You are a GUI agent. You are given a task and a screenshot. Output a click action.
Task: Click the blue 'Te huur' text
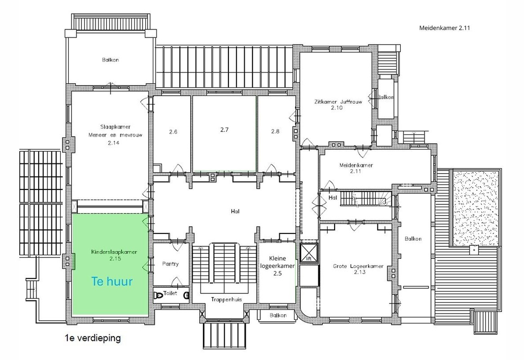point(112,281)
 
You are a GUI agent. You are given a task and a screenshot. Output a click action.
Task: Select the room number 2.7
point(224,130)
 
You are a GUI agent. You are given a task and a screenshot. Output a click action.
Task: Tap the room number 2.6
point(173,132)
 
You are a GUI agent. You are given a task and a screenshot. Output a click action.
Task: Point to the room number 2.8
point(275,131)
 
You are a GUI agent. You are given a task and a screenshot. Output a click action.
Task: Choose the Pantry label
point(170,264)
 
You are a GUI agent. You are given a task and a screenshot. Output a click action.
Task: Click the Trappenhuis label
point(226,300)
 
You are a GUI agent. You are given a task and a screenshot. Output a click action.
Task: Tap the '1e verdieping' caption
point(93,338)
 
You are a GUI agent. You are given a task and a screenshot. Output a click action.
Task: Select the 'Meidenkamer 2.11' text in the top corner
point(444,28)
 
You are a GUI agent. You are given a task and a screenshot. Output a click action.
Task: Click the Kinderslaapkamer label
point(114,252)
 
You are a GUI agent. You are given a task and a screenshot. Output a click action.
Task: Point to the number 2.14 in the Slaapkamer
point(113,143)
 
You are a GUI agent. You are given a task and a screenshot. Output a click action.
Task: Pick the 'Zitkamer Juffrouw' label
point(338,102)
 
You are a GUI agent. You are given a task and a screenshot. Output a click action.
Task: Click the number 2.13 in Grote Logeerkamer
point(360,272)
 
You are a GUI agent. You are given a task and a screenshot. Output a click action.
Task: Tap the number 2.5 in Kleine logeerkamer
point(278,273)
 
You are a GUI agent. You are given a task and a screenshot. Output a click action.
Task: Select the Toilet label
point(170,293)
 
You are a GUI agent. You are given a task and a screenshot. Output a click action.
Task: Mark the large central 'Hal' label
point(235,211)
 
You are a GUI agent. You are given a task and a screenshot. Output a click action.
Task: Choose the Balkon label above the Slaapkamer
point(110,60)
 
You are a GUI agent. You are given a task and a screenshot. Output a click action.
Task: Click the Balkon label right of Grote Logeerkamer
point(413,238)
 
